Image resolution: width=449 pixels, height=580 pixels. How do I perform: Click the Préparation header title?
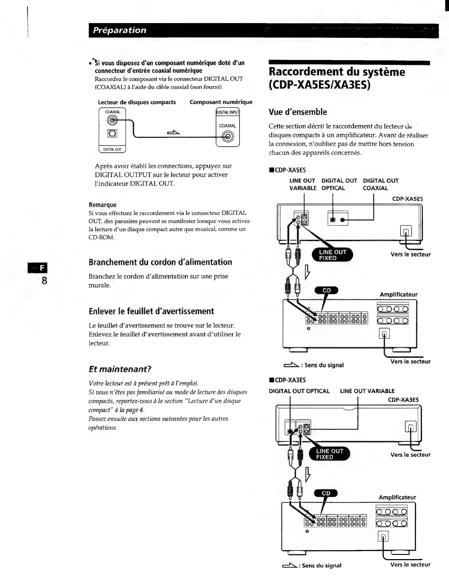(120, 30)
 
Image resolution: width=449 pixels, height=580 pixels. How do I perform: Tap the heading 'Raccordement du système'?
(337, 71)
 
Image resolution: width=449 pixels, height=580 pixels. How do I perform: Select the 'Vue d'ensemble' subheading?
(297, 112)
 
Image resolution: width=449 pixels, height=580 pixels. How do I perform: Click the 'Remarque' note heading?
(102, 205)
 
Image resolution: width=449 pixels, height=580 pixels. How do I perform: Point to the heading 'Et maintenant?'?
(120, 369)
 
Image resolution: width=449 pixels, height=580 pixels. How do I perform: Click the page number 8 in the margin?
(44, 281)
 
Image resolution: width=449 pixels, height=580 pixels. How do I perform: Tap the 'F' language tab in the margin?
(41, 268)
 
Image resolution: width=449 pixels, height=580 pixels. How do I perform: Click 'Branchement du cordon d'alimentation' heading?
(160, 262)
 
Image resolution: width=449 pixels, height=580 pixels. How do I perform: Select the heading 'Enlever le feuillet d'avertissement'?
(151, 311)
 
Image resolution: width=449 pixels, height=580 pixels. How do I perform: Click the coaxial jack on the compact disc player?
(112, 120)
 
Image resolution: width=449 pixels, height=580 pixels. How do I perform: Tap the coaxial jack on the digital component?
(229, 137)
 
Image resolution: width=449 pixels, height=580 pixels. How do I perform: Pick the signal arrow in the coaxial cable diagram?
(174, 132)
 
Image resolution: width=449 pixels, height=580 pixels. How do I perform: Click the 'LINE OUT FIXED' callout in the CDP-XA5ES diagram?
(332, 255)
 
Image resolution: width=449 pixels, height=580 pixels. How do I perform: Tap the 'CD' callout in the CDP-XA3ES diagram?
(326, 493)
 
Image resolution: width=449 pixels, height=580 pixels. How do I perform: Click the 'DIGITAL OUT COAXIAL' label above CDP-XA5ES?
(380, 184)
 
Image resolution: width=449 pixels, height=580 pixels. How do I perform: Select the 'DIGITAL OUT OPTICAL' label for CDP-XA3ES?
(299, 391)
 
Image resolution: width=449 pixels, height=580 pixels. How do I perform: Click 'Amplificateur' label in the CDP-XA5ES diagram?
(398, 294)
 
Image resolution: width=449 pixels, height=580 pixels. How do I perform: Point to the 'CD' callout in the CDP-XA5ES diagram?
(326, 290)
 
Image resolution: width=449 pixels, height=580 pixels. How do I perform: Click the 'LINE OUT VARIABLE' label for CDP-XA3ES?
(367, 391)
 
